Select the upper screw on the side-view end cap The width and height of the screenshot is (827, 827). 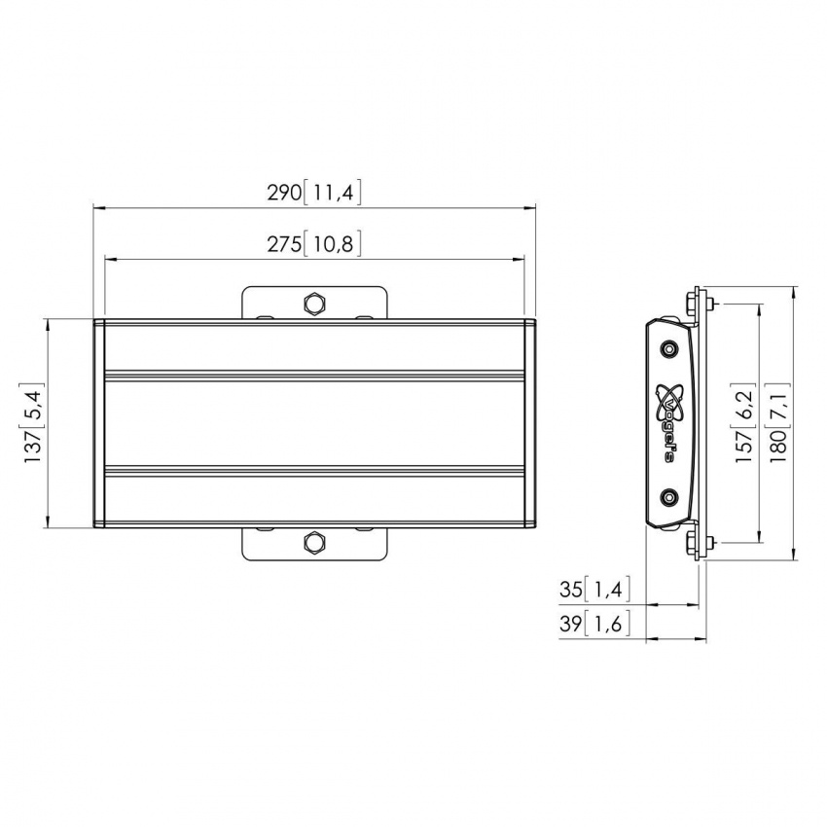click(667, 348)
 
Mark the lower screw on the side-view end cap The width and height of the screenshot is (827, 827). click(667, 497)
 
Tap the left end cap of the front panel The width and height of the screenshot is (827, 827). click(98, 423)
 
